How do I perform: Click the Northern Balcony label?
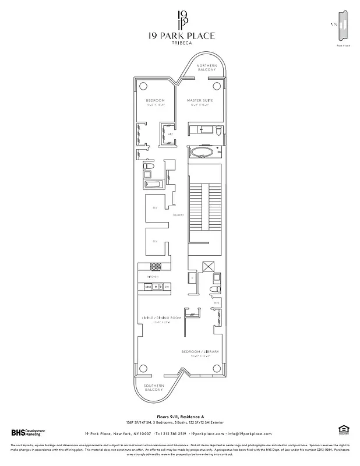(x=207, y=67)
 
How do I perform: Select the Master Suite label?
(x=199, y=101)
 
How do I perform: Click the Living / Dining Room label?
(x=161, y=318)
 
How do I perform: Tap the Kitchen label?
(x=153, y=277)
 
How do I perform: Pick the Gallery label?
(x=178, y=215)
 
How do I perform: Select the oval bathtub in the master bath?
(x=203, y=153)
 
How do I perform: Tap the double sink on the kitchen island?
(x=158, y=287)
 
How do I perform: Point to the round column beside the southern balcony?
(x=143, y=368)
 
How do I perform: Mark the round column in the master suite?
(x=217, y=86)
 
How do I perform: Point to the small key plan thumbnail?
(x=341, y=26)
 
